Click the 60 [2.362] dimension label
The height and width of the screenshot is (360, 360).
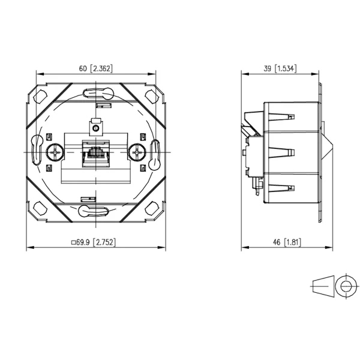[x=96, y=68]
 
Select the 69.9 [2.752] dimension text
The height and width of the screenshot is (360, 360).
[x=96, y=242]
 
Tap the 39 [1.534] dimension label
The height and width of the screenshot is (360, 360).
[x=280, y=68]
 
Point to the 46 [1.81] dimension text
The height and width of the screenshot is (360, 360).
[x=287, y=242]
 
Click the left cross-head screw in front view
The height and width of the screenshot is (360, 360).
[x=55, y=152]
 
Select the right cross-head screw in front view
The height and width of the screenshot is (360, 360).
[x=137, y=152]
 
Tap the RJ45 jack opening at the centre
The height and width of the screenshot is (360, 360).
[x=96, y=152]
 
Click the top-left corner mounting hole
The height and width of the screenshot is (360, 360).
[x=40, y=97]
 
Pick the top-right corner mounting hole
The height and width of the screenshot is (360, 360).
[x=152, y=97]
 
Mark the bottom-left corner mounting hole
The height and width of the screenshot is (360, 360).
[x=40, y=208]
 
